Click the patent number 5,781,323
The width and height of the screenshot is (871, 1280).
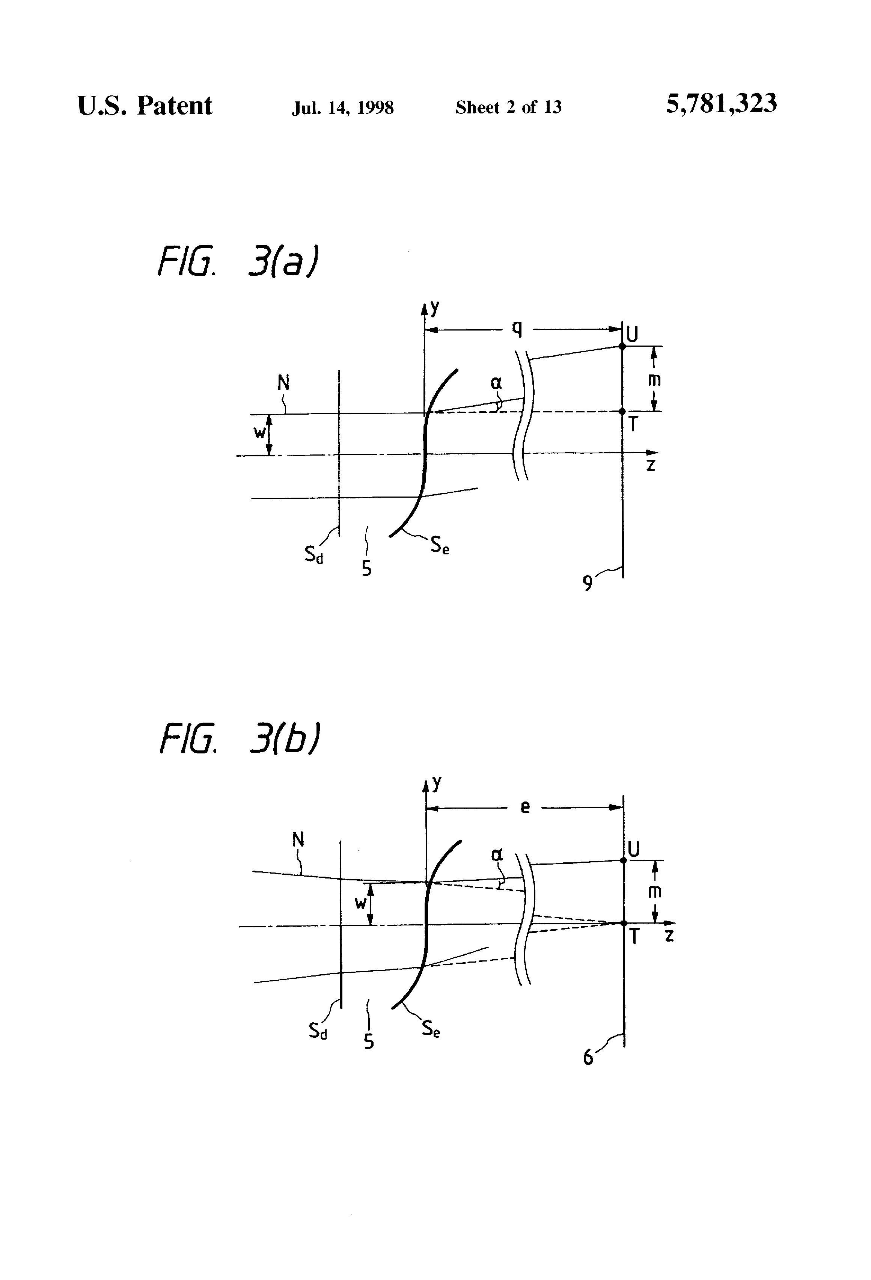point(721,104)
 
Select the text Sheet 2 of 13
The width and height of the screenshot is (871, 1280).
point(508,107)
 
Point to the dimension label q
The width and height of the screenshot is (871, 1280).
point(517,328)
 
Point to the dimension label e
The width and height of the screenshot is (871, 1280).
point(525,808)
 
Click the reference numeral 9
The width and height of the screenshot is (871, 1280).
point(588,583)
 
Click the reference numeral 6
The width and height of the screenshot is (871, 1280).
point(588,1058)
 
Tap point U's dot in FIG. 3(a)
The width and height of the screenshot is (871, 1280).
point(622,346)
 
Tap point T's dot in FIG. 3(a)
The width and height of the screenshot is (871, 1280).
point(622,411)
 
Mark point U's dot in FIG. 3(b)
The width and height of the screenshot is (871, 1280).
point(623,860)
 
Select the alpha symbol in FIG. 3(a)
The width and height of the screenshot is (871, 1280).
point(496,383)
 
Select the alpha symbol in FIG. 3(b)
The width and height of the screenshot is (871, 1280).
point(497,855)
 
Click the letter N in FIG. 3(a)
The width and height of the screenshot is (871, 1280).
point(283,383)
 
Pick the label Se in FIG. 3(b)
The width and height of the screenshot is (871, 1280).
point(431,1029)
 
